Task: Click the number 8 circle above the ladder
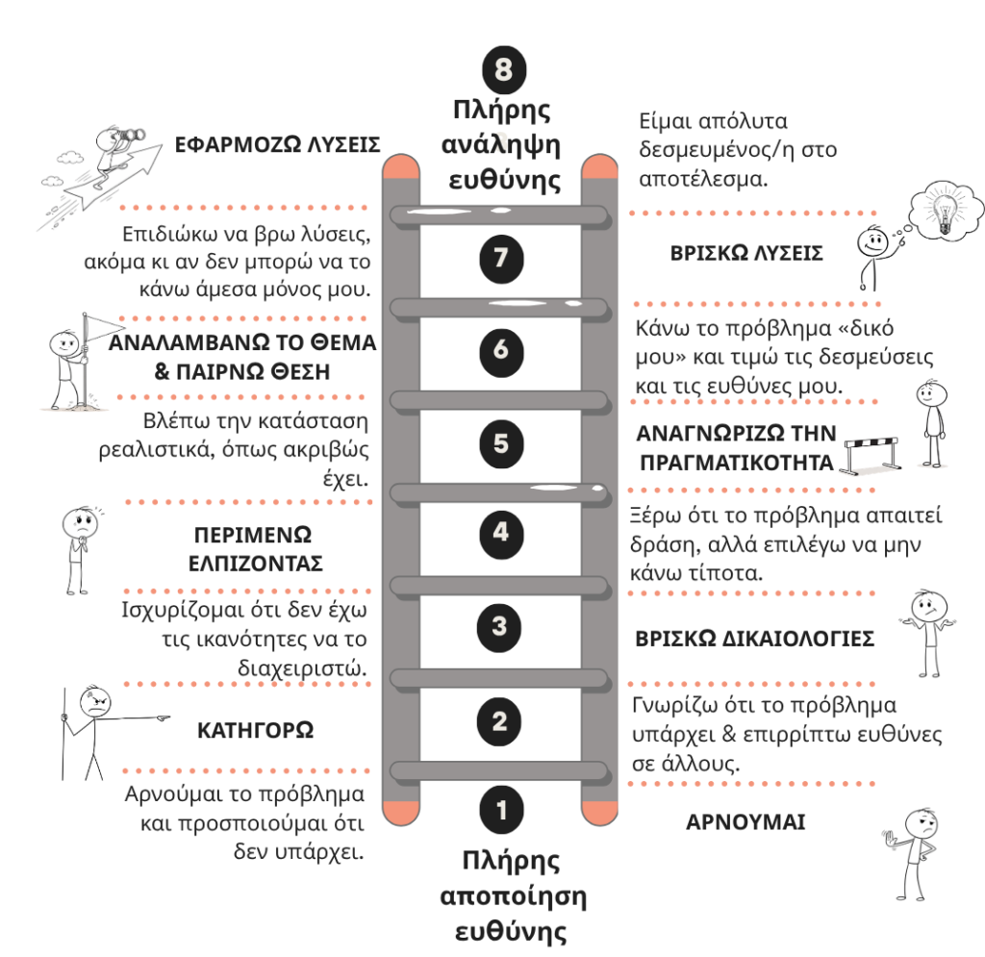point(504,69)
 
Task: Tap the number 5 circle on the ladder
point(501,443)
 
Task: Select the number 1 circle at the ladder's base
point(501,810)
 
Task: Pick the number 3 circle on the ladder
point(499,626)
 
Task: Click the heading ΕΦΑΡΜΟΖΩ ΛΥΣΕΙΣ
point(277,145)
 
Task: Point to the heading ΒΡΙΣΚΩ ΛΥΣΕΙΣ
point(746,253)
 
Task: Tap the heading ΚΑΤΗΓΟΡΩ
point(255,730)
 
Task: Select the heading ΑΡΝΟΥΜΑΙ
point(745,822)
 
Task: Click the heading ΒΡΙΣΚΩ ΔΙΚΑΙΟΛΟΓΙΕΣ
point(754,639)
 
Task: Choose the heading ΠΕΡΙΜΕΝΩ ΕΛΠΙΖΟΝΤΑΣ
point(255,549)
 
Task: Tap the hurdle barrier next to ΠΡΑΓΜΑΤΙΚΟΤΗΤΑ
point(871,455)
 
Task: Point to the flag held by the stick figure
point(104,327)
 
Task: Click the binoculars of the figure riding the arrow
point(131,135)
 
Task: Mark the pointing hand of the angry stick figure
point(162,717)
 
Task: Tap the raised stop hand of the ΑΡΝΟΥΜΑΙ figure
point(890,839)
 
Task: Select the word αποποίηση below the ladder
point(513,896)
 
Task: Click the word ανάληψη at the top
point(500,145)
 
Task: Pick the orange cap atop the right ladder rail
point(599,167)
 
